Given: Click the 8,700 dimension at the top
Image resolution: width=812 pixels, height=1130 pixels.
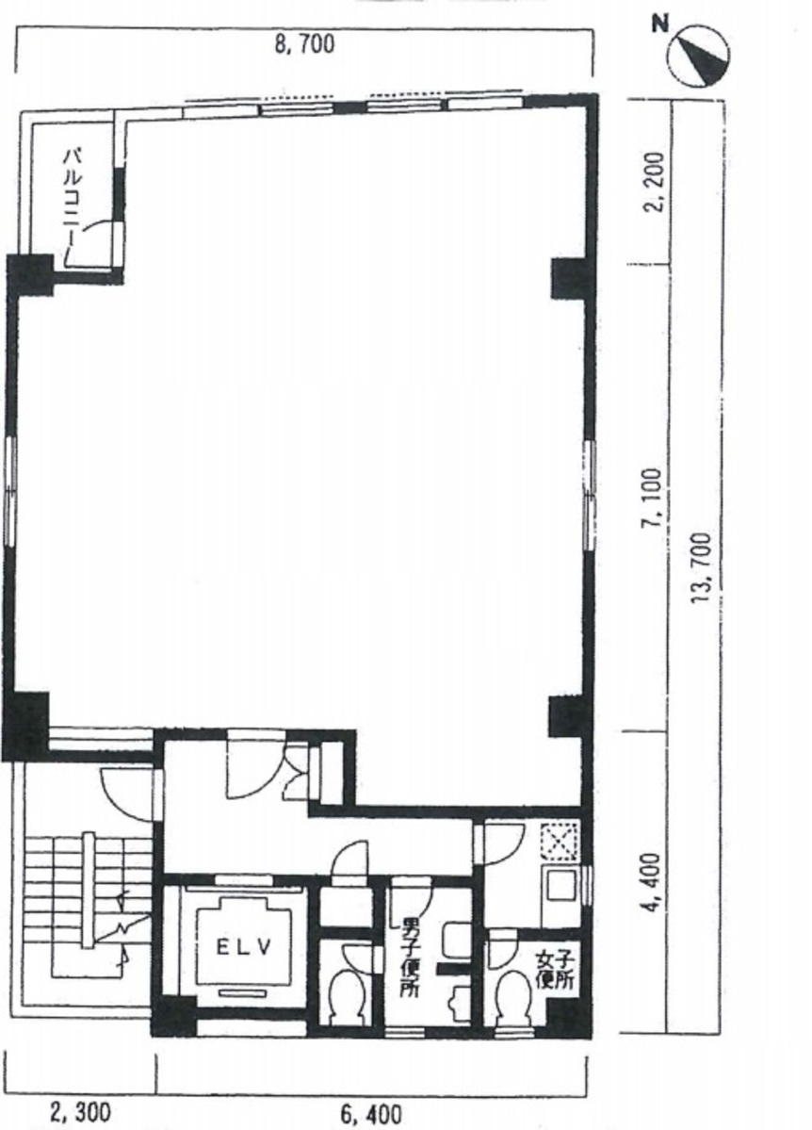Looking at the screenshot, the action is (304, 44).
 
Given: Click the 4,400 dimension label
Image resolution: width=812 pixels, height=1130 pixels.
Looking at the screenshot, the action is (653, 883).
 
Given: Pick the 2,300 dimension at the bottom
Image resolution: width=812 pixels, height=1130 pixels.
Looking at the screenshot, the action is (81, 1111).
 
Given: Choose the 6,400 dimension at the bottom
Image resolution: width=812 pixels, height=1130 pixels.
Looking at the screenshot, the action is (371, 1114).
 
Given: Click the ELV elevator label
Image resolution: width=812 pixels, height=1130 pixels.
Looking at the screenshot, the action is (244, 948).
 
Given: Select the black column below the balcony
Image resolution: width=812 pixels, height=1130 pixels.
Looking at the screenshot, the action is (30, 274).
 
